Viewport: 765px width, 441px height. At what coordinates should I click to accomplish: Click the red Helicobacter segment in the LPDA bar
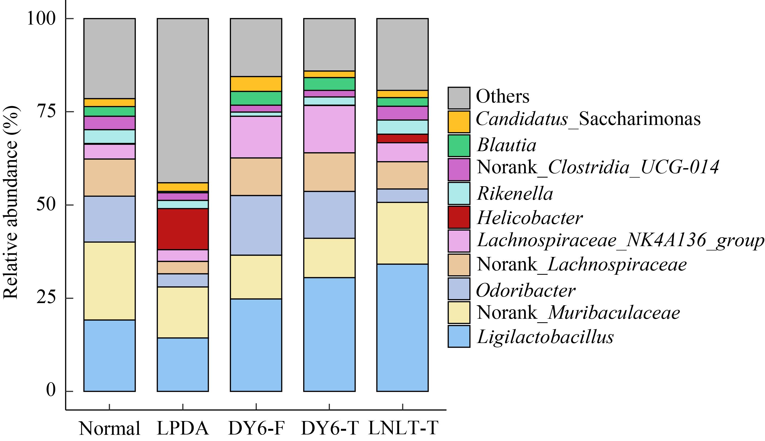[183, 229]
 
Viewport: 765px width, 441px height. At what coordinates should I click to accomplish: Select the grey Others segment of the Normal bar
[109, 59]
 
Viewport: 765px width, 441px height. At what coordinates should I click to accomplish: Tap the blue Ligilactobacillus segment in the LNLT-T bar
[402, 328]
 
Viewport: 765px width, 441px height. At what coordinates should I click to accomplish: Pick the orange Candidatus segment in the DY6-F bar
[256, 84]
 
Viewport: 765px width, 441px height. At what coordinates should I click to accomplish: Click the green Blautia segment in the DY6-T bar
[329, 84]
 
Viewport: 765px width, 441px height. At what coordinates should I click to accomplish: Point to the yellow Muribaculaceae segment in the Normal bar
[109, 281]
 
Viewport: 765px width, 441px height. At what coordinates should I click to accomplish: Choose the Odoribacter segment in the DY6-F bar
[256, 225]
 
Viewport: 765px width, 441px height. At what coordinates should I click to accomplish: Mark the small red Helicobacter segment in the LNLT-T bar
[402, 138]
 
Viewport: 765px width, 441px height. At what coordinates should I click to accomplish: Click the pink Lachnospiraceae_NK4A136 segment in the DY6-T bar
[329, 129]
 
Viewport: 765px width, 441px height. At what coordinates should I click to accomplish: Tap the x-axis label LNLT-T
[403, 428]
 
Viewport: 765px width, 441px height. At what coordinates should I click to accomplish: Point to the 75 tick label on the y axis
[46, 112]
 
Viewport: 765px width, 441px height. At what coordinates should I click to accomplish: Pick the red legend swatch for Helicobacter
[459, 217]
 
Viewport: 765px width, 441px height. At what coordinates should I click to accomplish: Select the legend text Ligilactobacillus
[545, 337]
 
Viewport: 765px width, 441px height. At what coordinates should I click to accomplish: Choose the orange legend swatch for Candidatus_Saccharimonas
[459, 122]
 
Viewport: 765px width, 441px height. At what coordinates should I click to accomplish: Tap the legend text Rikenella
[515, 194]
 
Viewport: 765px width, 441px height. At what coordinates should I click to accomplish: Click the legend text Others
[503, 96]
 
